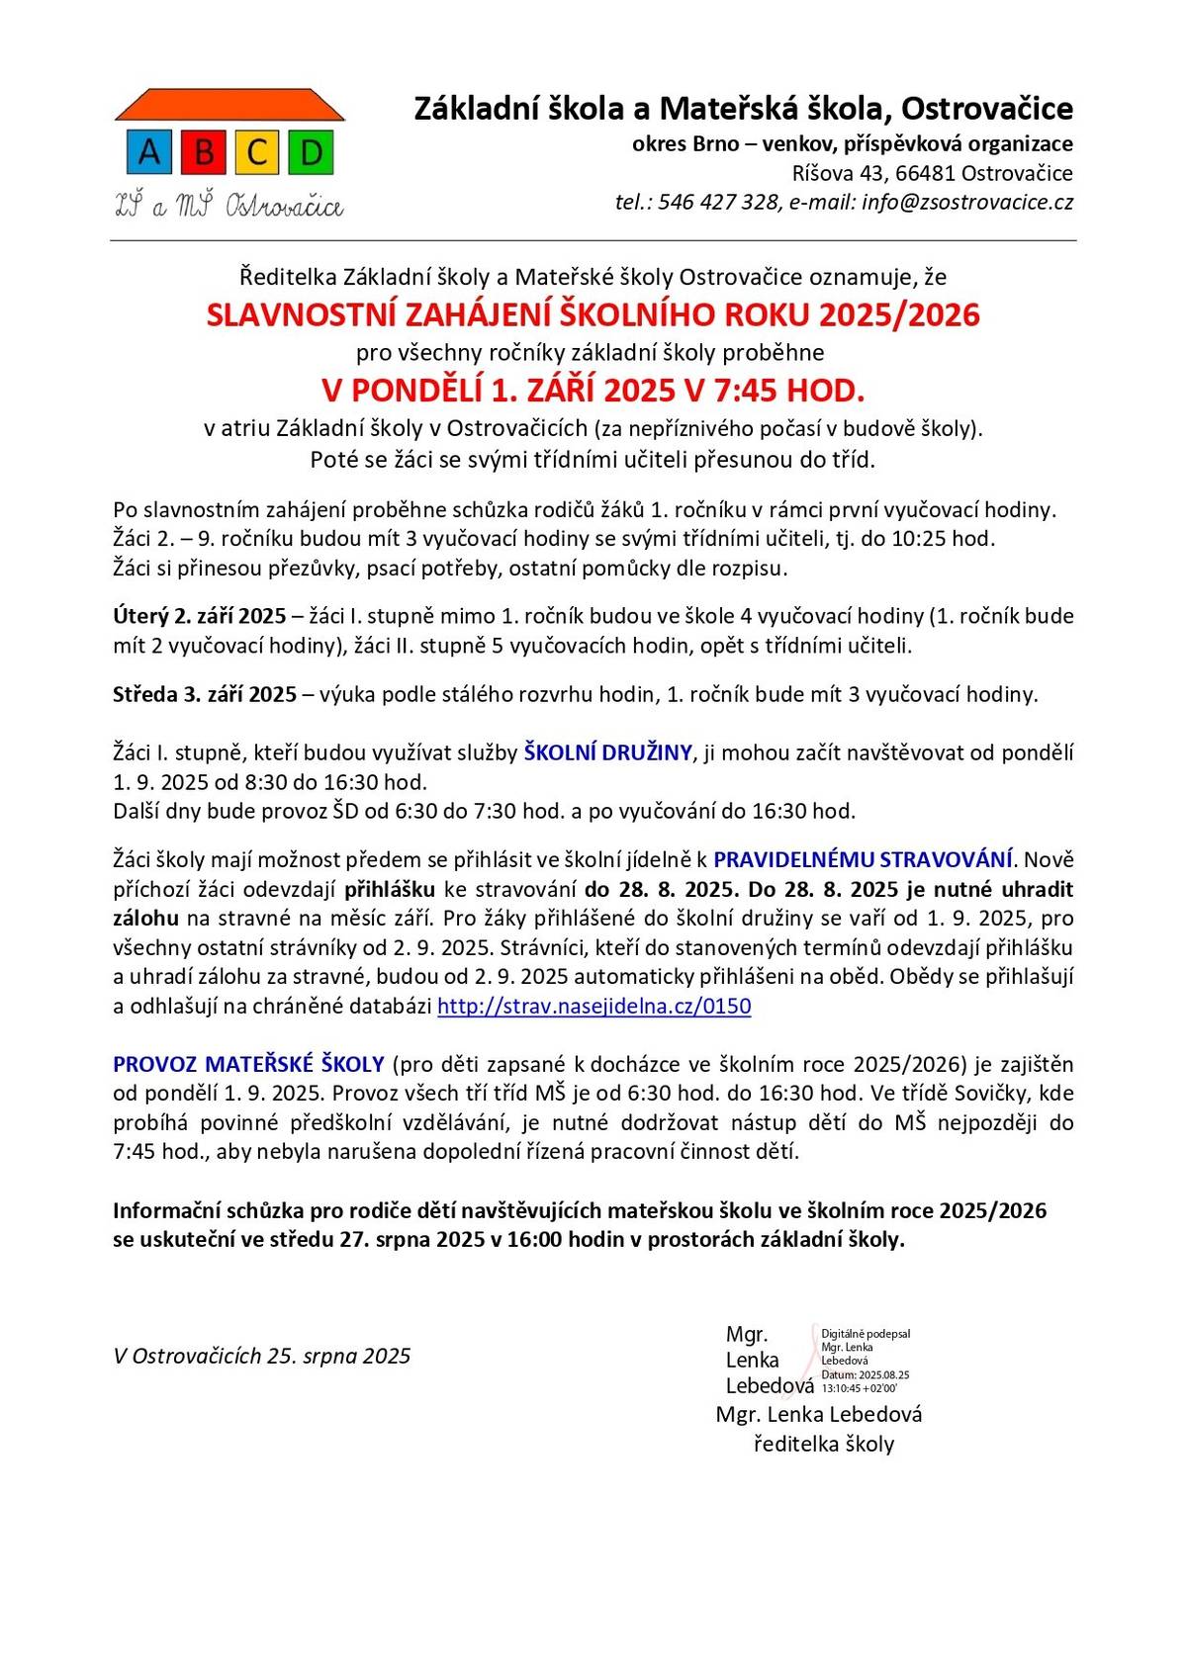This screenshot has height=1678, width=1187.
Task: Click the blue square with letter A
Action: pyautogui.click(x=149, y=152)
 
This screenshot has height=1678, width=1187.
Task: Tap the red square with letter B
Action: pyautogui.click(x=204, y=152)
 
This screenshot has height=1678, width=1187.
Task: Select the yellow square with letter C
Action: pyautogui.click(x=257, y=152)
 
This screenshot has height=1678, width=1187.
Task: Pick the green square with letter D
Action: pyautogui.click(x=311, y=152)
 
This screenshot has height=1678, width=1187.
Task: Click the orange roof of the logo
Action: pyautogui.click(x=229, y=104)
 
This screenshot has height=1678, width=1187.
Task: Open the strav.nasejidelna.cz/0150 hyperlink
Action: pyautogui.click(x=593, y=1007)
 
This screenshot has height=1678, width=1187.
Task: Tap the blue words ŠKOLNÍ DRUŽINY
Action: pyautogui.click(x=607, y=752)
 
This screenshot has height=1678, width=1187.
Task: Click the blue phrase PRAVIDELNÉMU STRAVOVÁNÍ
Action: pyautogui.click(x=864, y=859)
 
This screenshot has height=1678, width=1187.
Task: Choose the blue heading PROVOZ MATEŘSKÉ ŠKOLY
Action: pyautogui.click(x=248, y=1065)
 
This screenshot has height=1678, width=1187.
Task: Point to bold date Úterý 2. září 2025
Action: pyautogui.click(x=200, y=617)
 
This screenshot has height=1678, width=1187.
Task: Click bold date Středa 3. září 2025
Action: pyautogui.click(x=205, y=695)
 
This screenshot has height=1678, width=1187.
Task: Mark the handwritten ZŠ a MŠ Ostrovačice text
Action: pyautogui.click(x=229, y=206)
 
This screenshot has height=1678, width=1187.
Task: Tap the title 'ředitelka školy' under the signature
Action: pyautogui.click(x=823, y=1445)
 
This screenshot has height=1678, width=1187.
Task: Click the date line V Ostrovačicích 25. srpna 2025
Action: pyautogui.click(x=262, y=1357)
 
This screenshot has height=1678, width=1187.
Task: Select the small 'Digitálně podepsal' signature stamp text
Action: pyautogui.click(x=866, y=1334)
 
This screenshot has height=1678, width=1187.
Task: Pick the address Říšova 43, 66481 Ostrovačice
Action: pyautogui.click(x=932, y=174)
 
